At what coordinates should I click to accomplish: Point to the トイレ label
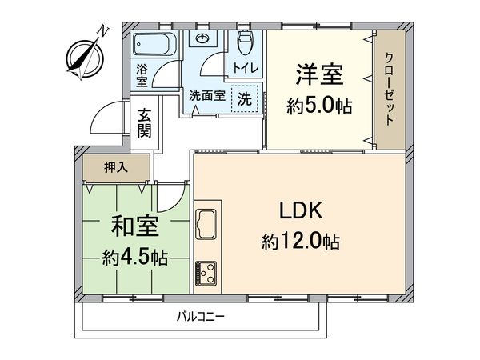[245, 68]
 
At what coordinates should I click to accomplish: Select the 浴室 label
[142, 74]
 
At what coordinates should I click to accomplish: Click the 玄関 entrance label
[144, 122]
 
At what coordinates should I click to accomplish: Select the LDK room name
[300, 212]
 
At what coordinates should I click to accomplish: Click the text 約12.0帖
[300, 241]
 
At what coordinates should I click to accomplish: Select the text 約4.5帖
[134, 258]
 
